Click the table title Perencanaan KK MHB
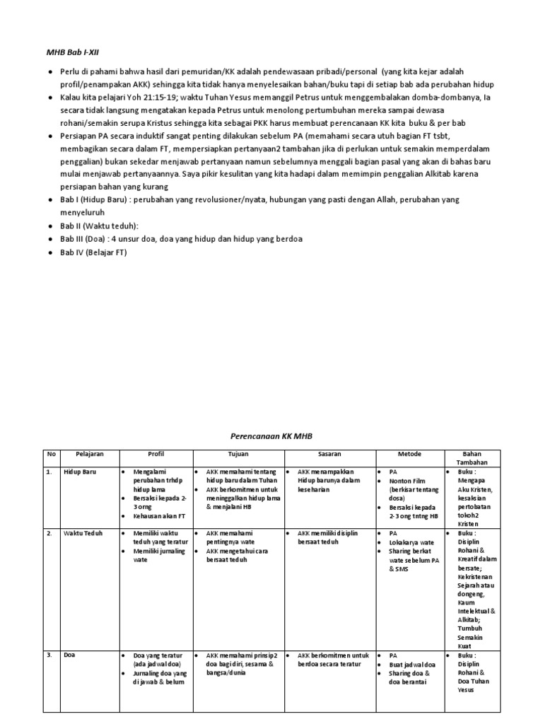pyautogui.click(x=271, y=437)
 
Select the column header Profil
pyautogui.click(x=156, y=453)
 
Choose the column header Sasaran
pyautogui.click(x=329, y=453)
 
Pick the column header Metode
pyautogui.click(x=409, y=453)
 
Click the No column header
pyautogui.click(x=51, y=453)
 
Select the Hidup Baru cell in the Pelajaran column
pyautogui.click(x=80, y=472)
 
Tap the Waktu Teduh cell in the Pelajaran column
pyautogui.click(x=83, y=534)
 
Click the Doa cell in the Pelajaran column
pyautogui.click(x=70, y=655)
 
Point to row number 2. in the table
pyautogui.click(x=49, y=534)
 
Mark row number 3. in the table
pyautogui.click(x=49, y=655)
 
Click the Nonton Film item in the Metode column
pyautogui.click(x=409, y=480)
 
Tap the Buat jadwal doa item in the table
pyautogui.click(x=413, y=665)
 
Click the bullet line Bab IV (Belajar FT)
pyautogui.click(x=93, y=252)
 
